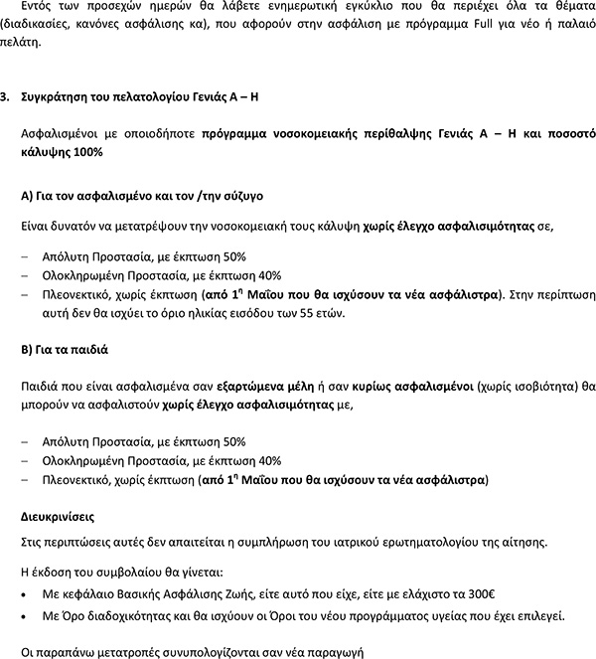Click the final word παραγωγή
pos(334,652)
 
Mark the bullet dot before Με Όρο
pos(24,617)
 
